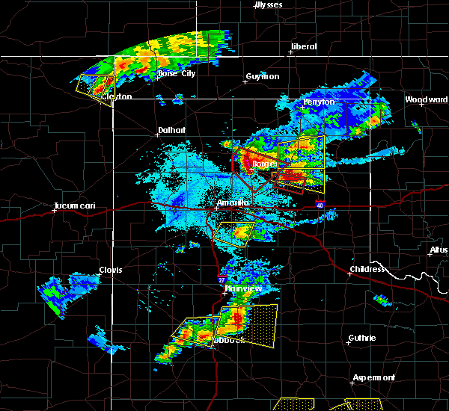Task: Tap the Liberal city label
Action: tap(303, 46)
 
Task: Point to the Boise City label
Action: tap(176, 73)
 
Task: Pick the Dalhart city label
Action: tap(171, 129)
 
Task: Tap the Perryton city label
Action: tap(319, 102)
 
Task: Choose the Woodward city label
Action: tap(426, 99)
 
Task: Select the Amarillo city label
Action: tap(232, 203)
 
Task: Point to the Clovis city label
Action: tap(111, 271)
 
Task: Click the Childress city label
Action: tap(367, 269)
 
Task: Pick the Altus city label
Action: tap(439, 250)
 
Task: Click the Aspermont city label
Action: tap(373, 377)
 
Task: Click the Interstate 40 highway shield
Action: tap(320, 204)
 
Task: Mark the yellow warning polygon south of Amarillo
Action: tap(233, 232)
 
